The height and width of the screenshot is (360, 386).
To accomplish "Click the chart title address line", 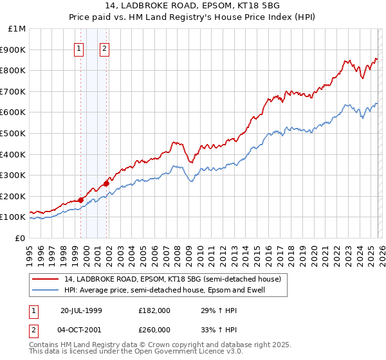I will [x=193, y=6].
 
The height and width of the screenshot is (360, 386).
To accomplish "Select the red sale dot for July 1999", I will [x=81, y=200].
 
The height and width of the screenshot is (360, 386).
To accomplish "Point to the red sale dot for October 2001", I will [x=106, y=183].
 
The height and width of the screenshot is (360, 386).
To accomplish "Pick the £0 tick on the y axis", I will [x=20, y=238].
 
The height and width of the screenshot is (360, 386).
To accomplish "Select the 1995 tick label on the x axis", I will [x=30, y=252].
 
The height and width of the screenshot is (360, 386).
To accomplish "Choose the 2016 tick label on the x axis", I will [x=268, y=252].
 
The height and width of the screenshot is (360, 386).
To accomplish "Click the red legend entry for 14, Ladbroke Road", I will [x=172, y=280].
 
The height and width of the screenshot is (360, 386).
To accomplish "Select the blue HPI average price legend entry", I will [x=165, y=290].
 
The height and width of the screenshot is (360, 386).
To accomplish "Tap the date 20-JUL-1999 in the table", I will [x=81, y=310].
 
